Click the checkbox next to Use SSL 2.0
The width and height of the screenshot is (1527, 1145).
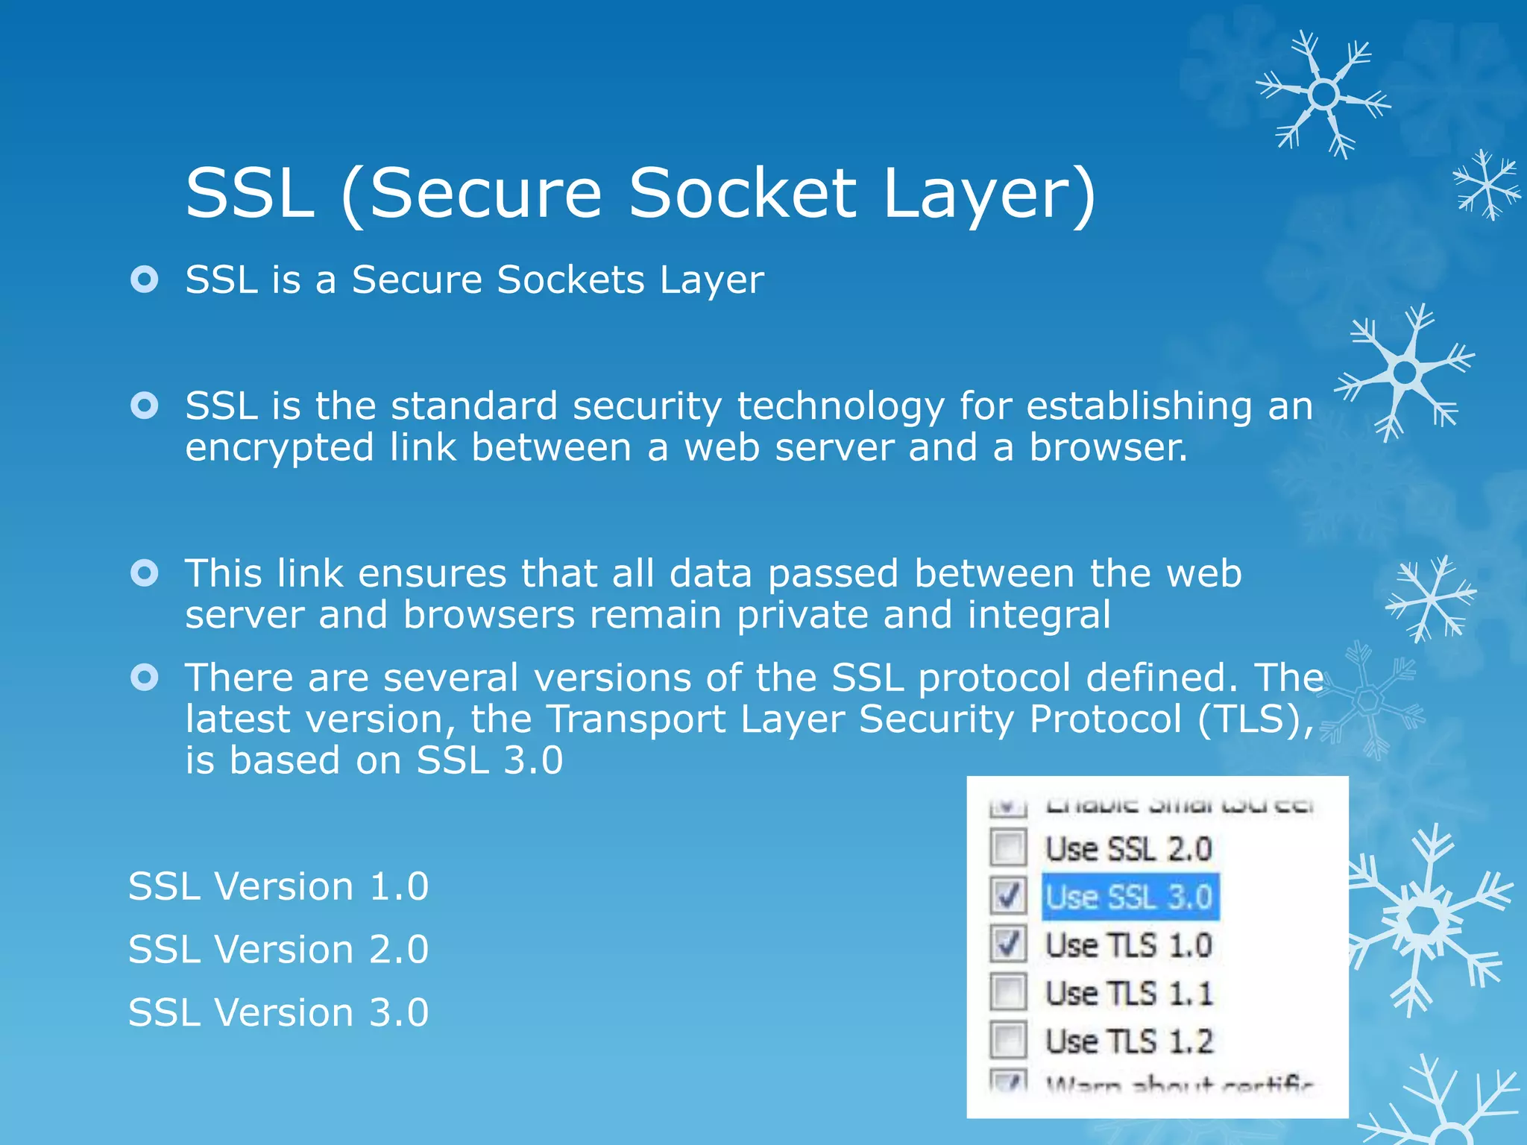pyautogui.click(x=1008, y=848)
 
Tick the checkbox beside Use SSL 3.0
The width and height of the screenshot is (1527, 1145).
pyautogui.click(x=1008, y=895)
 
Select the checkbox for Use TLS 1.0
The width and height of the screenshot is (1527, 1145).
pyautogui.click(x=1008, y=944)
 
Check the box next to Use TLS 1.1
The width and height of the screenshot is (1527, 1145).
pyautogui.click(x=1008, y=992)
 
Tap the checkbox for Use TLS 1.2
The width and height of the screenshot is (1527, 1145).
pyautogui.click(x=1008, y=1041)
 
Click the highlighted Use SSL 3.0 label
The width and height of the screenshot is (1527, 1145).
pyautogui.click(x=1129, y=896)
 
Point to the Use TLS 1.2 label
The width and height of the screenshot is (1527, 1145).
pyautogui.click(x=1129, y=1041)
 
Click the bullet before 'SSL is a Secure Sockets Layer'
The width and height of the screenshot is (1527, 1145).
pyautogui.click(x=144, y=280)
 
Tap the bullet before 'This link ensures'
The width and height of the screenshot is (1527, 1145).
pyautogui.click(x=144, y=573)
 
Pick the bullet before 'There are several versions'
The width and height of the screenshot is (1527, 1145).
pyautogui.click(x=144, y=677)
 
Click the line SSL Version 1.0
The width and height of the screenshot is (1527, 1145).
pyautogui.click(x=278, y=886)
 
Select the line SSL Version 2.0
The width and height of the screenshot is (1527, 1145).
pyautogui.click(x=278, y=949)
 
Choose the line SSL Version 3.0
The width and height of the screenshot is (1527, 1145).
pyautogui.click(x=278, y=1012)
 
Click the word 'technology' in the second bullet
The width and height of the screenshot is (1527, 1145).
pyautogui.click(x=840, y=407)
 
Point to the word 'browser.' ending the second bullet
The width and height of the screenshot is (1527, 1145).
pyautogui.click(x=1108, y=447)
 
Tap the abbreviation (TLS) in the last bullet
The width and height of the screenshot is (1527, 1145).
pyautogui.click(x=1256, y=719)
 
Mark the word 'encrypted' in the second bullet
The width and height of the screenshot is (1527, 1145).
pyautogui.click(x=279, y=449)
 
